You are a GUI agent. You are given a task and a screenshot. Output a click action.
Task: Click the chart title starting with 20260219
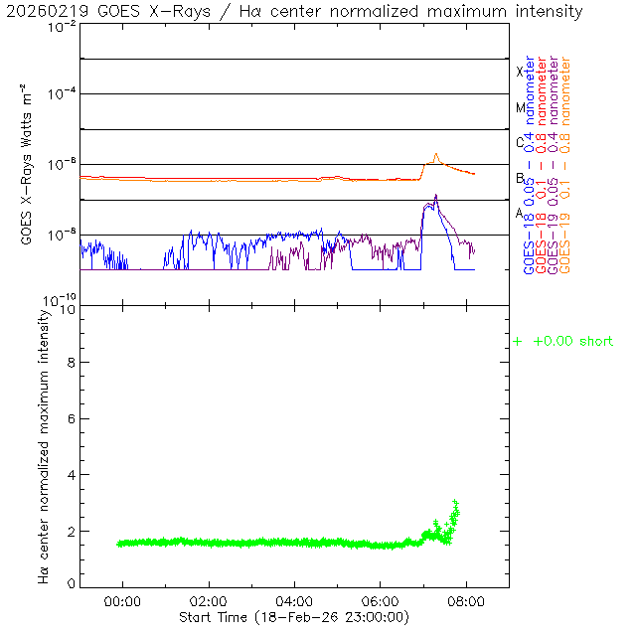[293, 11]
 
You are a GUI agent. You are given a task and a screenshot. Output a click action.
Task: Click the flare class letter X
[520, 72]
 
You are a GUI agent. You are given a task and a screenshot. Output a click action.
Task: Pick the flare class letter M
[520, 107]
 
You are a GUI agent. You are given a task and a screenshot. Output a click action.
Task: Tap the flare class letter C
[520, 142]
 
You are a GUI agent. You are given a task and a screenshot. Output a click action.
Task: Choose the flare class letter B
[520, 178]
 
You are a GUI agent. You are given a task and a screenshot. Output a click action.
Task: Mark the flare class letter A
[520, 213]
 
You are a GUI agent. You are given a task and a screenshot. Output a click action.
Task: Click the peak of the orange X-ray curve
[436, 154]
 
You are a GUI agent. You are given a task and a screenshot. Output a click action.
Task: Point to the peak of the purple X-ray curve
[435, 197]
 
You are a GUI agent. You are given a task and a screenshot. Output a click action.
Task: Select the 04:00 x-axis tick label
[294, 601]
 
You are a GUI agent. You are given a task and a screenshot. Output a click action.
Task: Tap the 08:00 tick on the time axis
[466, 601]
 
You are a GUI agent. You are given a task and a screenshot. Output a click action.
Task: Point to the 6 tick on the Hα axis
[68, 418]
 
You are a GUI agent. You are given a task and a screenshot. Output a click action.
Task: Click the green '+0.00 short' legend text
[572, 342]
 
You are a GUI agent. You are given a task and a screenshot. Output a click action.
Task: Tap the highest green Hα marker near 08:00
[455, 502]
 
